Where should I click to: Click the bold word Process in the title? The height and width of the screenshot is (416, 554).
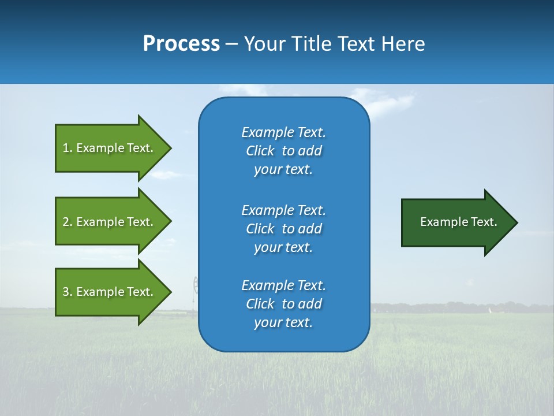181,44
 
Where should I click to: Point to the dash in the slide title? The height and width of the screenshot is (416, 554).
231,44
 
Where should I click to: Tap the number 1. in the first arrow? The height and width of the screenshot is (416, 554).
68,148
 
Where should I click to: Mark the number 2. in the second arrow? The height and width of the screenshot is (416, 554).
68,222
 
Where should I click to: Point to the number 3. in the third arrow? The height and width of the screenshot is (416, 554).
68,292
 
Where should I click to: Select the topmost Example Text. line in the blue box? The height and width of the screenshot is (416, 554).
283,132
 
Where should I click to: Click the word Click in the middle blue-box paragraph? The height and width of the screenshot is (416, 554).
260,229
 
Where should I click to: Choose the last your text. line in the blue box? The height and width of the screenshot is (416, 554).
283,322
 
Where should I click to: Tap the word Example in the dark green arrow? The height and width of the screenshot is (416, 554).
440,222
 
